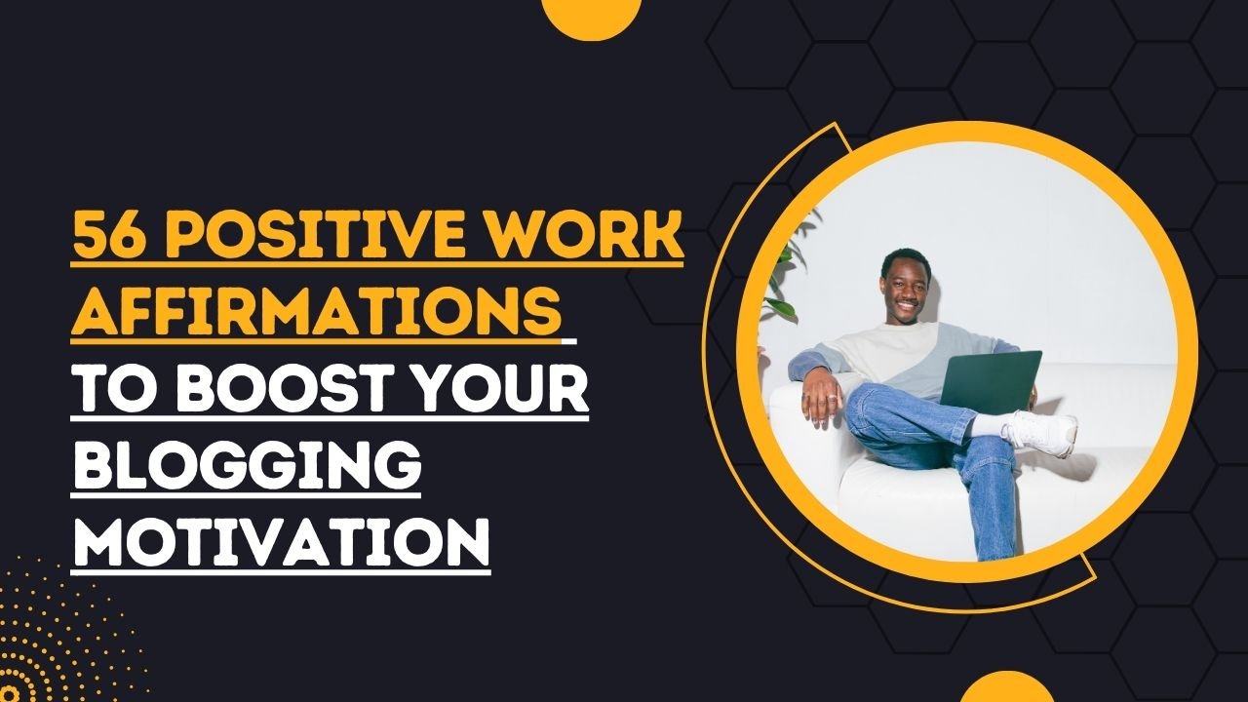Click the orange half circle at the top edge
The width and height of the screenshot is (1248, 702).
coord(591,14)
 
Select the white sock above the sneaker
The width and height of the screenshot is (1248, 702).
coord(991,426)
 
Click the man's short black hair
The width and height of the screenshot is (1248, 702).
coord(903,257)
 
